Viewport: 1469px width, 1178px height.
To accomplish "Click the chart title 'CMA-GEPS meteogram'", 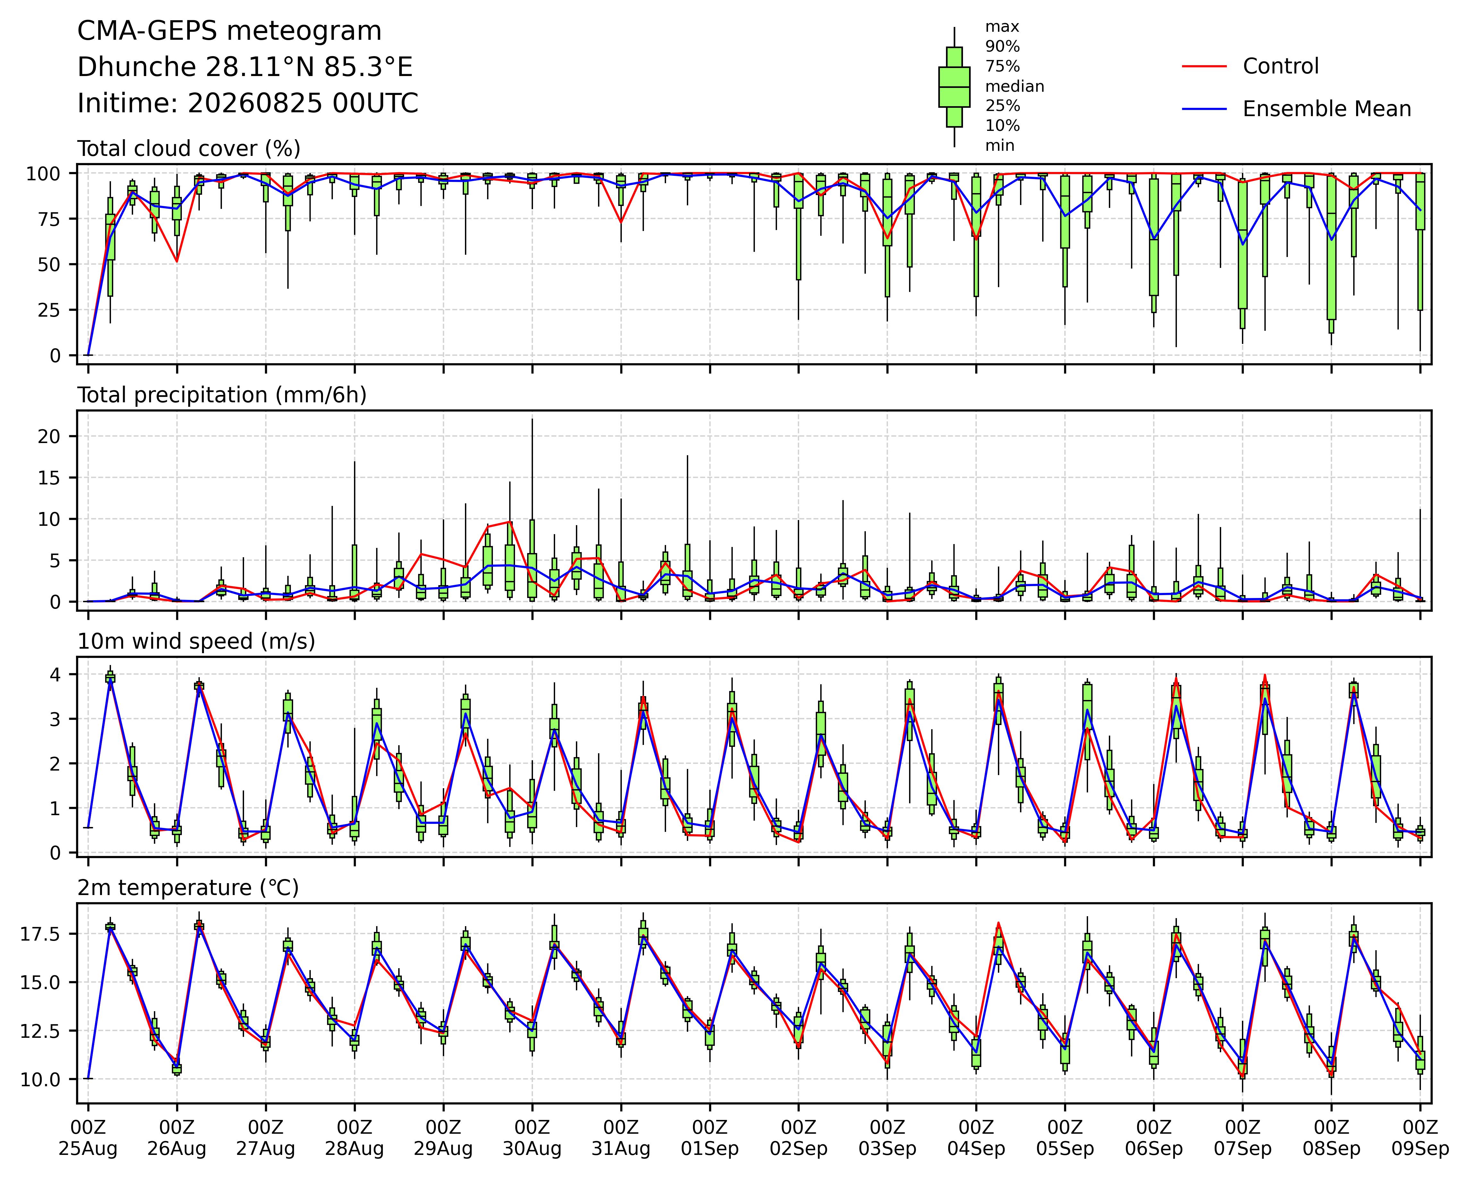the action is coord(230,31).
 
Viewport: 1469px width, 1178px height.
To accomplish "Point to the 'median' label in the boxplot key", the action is coord(1015,87).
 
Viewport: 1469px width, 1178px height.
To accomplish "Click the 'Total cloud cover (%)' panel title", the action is coord(189,149).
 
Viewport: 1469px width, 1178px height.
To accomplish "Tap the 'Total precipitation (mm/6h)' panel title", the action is coord(222,395).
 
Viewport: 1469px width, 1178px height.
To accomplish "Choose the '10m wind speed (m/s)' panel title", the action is coord(196,642).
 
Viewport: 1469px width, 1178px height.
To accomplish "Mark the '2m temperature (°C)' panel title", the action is coord(188,888).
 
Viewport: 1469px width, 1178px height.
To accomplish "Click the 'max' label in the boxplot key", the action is coord(1002,27).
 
